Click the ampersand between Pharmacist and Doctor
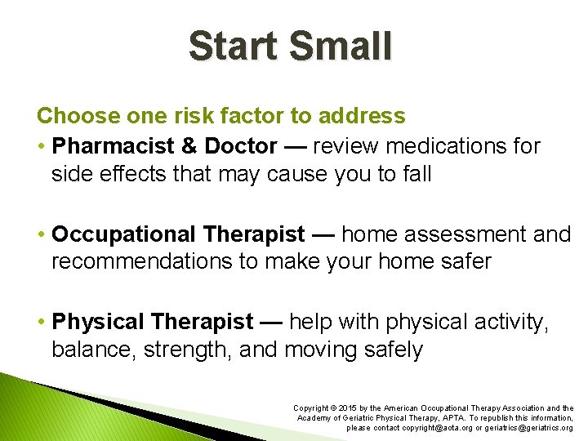188,146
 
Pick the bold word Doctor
241,146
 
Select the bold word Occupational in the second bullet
123,234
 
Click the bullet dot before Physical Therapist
42,323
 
